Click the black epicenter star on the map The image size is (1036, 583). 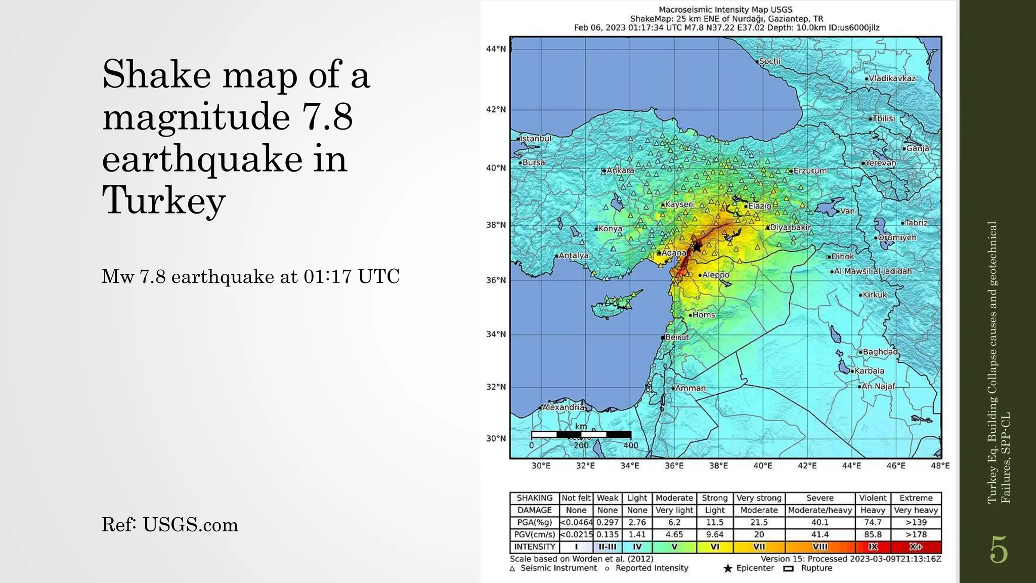coord(697,247)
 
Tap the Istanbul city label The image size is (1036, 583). coord(536,138)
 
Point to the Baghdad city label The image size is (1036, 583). coord(880,352)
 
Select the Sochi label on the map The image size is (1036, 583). coord(769,61)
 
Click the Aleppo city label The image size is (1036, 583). coord(716,275)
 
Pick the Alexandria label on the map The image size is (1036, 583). coord(563,407)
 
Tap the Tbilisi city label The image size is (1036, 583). coord(883,118)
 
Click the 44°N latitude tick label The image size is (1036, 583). coord(496,49)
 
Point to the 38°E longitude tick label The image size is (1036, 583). coord(718,466)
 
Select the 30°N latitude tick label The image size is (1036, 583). coord(496,438)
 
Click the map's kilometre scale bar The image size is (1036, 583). coord(581,434)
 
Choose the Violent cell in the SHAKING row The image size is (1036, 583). coord(873,498)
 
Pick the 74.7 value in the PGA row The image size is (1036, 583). coord(873,522)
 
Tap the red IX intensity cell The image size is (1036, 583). coord(873,547)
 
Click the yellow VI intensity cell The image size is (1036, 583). coord(715,547)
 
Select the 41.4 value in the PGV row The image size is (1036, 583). coord(819,534)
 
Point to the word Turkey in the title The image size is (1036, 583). coord(163,200)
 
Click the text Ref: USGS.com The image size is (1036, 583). coord(169,525)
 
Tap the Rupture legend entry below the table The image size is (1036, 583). coord(816,568)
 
